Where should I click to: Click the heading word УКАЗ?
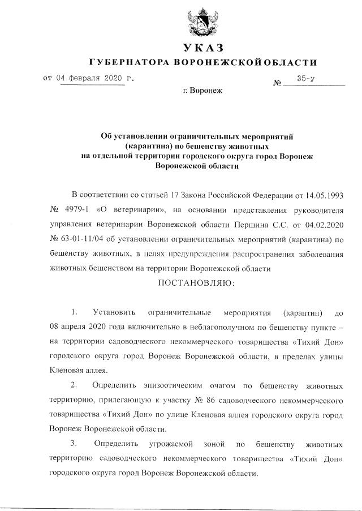[x=200, y=47]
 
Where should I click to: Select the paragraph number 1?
[x=74, y=312]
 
